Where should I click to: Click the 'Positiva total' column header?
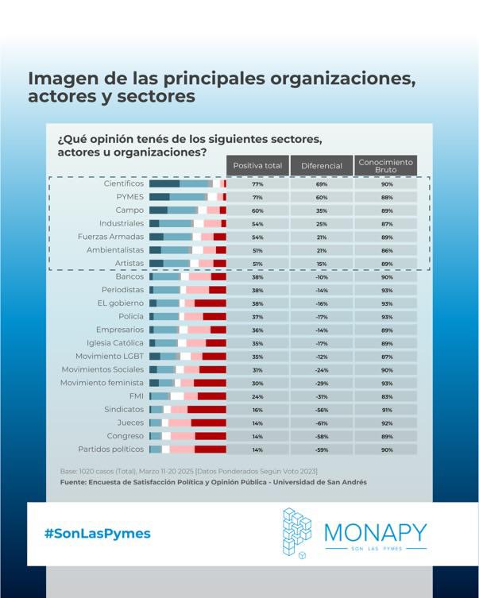(x=257, y=165)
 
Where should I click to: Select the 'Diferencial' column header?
(x=321, y=165)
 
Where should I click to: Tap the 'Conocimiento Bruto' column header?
(x=385, y=165)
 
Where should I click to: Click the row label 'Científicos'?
(x=124, y=183)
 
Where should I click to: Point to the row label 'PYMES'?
(x=129, y=197)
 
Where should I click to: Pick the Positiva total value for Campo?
(x=257, y=210)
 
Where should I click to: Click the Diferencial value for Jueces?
(x=321, y=422)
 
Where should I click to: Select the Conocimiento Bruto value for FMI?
(x=386, y=396)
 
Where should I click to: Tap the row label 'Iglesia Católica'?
(x=117, y=343)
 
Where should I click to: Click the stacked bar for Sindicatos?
(x=187, y=410)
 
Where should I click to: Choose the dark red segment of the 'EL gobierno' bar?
(x=211, y=303)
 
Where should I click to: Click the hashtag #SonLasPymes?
(x=97, y=534)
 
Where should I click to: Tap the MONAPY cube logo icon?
(x=297, y=531)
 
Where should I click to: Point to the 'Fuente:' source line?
(x=214, y=482)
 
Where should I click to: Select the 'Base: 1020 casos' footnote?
(x=183, y=470)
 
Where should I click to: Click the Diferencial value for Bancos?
(x=321, y=277)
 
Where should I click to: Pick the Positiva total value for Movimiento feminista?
(x=257, y=383)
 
